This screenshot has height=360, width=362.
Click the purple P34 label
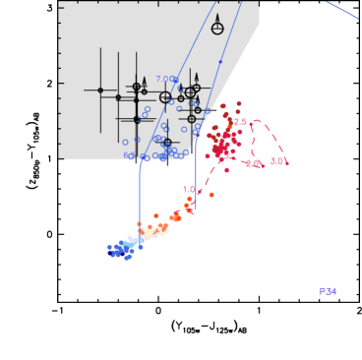pos(328,291)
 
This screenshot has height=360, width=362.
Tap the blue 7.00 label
pos(164,79)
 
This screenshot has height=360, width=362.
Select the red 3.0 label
pos(276,160)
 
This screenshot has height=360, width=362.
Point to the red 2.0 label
pos(253,163)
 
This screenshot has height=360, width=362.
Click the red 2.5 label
pos(240,121)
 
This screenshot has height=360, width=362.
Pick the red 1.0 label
pos(188,189)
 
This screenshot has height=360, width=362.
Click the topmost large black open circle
pos(217,30)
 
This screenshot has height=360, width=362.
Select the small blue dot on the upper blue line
pos(219,61)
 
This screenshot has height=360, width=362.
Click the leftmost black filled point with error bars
pos(100,90)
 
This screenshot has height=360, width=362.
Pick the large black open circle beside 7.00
pos(165,96)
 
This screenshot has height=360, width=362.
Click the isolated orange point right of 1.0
pos(211,194)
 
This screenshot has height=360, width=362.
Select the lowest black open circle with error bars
pos(167,142)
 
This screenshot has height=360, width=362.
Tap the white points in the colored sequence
pos(148,233)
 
